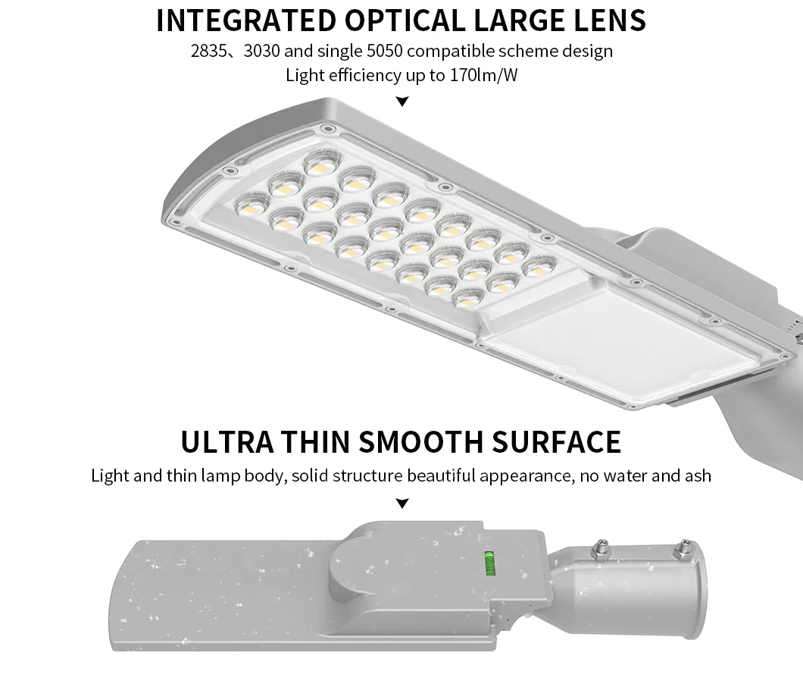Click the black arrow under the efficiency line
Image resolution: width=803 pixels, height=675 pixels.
point(402,102)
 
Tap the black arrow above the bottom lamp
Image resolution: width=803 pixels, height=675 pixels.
point(402,504)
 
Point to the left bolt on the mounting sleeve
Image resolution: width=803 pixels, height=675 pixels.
point(602,545)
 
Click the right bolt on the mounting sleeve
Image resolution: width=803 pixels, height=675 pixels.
point(686,545)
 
